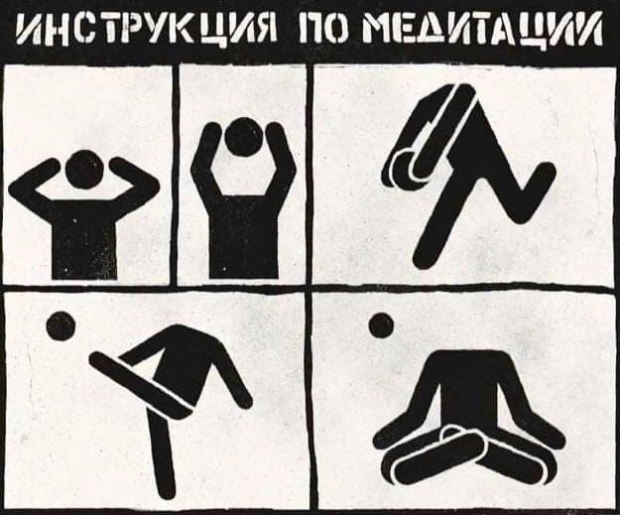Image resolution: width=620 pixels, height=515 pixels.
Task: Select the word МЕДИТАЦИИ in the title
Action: pyautogui.click(x=483, y=28)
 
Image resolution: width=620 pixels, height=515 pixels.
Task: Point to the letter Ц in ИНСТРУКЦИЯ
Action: pyautogui.click(x=214, y=30)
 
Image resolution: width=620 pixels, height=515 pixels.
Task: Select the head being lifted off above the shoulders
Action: pyautogui.click(x=243, y=137)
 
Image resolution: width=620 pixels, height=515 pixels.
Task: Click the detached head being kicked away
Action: pyautogui.click(x=61, y=325)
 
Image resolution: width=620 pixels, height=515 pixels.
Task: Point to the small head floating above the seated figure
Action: pyautogui.click(x=381, y=325)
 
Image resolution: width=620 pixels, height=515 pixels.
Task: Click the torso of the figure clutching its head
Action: pyautogui.click(x=84, y=237)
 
